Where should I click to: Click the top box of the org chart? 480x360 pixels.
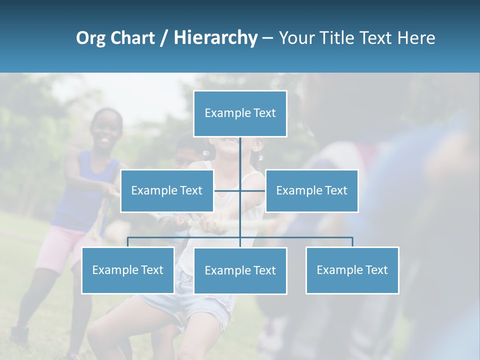click(240, 113)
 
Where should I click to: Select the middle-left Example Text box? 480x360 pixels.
click(167, 190)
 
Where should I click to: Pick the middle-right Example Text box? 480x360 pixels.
click(311, 190)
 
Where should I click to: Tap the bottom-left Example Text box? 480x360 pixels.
click(127, 270)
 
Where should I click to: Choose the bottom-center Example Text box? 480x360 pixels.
click(240, 270)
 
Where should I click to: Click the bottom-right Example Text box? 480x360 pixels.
click(352, 270)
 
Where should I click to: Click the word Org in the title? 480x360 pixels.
click(90, 38)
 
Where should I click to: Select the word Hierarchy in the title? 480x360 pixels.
click(215, 38)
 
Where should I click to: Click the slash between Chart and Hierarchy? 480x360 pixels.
click(164, 38)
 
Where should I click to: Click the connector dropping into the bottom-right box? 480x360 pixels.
click(352, 242)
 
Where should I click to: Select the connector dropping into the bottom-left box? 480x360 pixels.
click(127, 242)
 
